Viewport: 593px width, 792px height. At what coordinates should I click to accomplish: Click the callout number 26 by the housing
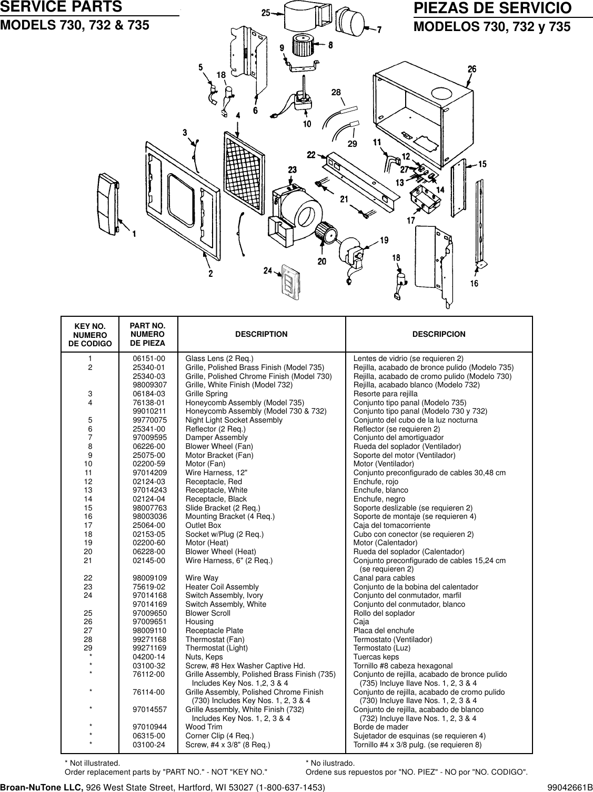[x=471, y=69]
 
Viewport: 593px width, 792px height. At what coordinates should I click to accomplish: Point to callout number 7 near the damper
[x=379, y=29]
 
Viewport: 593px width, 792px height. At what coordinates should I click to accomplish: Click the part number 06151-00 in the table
[x=148, y=358]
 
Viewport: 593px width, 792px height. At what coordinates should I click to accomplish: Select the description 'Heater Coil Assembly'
[x=222, y=587]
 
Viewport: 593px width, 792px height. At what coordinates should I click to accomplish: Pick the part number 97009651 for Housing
[x=148, y=621]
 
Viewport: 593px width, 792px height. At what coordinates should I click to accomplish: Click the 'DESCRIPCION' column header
[x=438, y=334]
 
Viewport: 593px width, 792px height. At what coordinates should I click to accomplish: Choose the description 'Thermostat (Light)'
[x=216, y=648]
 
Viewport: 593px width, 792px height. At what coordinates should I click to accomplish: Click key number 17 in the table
[x=91, y=525]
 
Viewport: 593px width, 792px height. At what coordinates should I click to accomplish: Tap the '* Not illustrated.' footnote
[x=92, y=763]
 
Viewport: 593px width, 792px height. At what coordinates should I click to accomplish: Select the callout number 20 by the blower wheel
[x=321, y=261]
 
